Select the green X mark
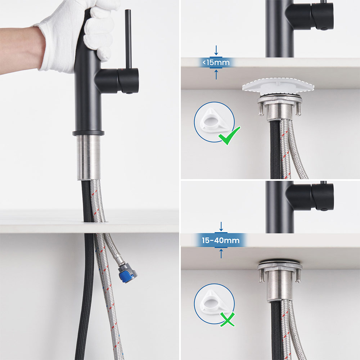click(x=228, y=319)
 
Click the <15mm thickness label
click(x=216, y=62)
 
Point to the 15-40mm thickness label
click(x=221, y=240)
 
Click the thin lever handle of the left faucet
click(x=129, y=39)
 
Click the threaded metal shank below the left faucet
click(x=89, y=158)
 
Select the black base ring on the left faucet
click(x=89, y=133)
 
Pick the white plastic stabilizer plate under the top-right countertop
click(x=278, y=86)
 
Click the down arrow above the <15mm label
click(x=216, y=50)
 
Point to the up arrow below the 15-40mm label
click(x=221, y=253)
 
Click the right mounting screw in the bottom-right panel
click(x=298, y=275)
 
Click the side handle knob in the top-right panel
click(x=322, y=16)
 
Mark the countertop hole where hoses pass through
click(x=95, y=221)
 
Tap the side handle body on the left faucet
click(x=117, y=81)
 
